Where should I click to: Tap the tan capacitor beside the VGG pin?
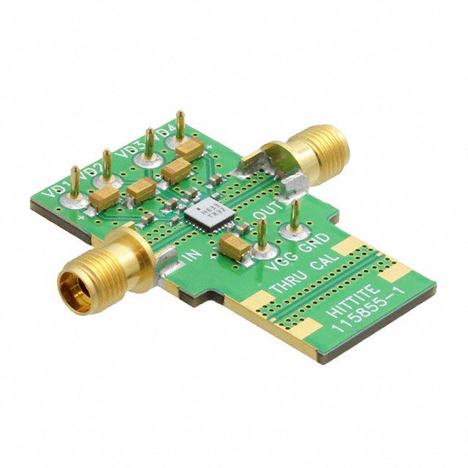tap(235, 247)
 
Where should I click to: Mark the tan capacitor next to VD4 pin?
tap(188, 151)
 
